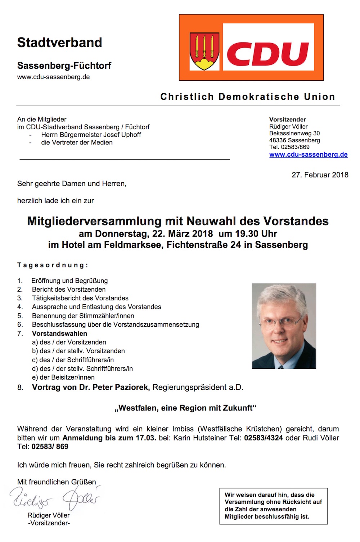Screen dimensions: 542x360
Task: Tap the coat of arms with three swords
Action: tap(204, 51)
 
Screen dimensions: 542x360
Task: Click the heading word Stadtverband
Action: tap(60, 42)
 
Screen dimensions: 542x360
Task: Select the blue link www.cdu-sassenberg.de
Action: tap(308, 154)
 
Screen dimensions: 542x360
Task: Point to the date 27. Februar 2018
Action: tap(320, 175)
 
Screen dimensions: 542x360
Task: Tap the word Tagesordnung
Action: tap(53, 265)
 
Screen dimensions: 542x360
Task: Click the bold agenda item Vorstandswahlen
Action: tap(59, 333)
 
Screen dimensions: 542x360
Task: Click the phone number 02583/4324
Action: tap(263, 438)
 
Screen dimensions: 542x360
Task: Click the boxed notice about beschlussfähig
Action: tap(273, 506)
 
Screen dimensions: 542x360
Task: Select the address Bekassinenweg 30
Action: tap(294, 133)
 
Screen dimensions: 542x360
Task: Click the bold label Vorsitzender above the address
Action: tap(287, 120)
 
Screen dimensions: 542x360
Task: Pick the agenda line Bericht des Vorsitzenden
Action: tap(69, 290)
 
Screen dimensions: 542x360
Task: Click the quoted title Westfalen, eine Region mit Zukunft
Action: tap(185, 408)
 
